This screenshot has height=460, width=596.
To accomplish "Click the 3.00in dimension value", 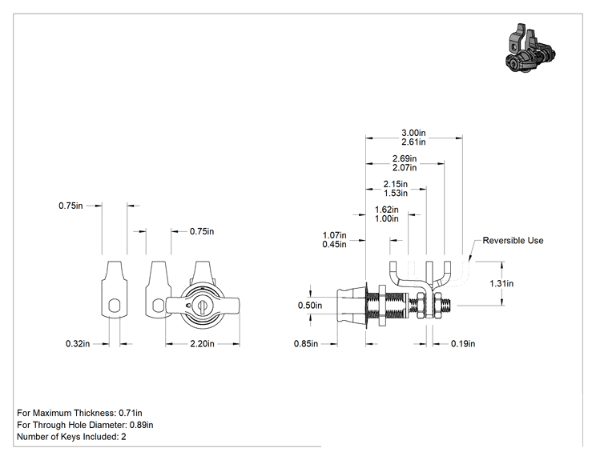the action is [x=413, y=133].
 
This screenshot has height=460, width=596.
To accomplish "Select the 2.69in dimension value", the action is [x=405, y=158].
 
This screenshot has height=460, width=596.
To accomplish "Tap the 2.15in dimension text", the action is [x=395, y=184].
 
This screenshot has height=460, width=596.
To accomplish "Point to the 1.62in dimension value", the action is [x=387, y=210].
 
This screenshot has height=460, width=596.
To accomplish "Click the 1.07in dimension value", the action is [x=335, y=235].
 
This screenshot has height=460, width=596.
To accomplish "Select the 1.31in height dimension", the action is [x=501, y=283].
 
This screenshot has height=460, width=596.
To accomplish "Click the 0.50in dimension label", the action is [x=310, y=306].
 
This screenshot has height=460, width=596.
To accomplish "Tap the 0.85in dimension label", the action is [x=305, y=344].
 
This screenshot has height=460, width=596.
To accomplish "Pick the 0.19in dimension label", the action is [x=463, y=344].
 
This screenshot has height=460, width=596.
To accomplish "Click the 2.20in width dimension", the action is [x=202, y=344].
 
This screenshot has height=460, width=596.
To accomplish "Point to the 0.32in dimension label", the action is [x=78, y=344].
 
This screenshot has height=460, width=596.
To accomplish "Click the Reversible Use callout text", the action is [x=513, y=241].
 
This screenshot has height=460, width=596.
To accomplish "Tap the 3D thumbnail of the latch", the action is [x=530, y=48].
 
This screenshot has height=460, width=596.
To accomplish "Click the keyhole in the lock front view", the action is [x=202, y=306].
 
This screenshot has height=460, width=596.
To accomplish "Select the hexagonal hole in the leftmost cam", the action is [x=115, y=305].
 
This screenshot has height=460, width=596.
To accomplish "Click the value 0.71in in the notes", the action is [x=131, y=413].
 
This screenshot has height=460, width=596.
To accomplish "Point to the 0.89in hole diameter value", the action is [x=142, y=425].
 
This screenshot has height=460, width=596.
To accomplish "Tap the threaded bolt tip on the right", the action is [x=447, y=305].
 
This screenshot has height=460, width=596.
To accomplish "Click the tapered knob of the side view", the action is [x=351, y=306].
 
